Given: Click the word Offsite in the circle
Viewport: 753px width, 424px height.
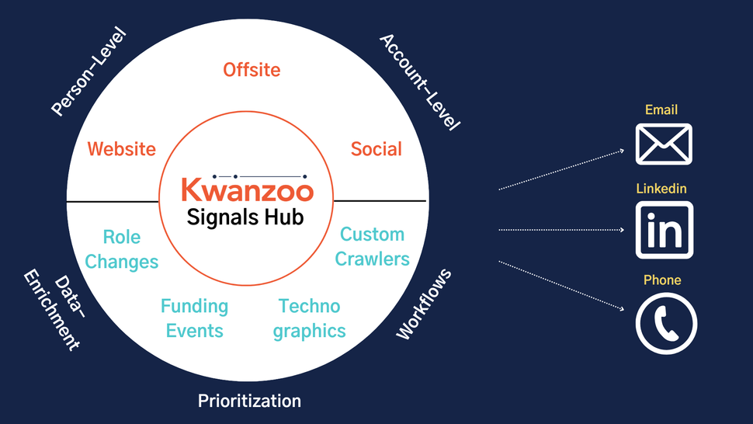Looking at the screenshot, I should [x=252, y=70].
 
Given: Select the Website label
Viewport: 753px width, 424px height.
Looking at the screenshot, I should [x=122, y=148].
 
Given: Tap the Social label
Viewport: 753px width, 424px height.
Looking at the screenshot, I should [x=376, y=148].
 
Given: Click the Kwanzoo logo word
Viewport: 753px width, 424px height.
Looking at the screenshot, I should [x=247, y=190].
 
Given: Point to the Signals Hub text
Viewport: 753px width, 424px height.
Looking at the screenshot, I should [x=246, y=217].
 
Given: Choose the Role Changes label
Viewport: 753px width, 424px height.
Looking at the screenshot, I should [x=122, y=248].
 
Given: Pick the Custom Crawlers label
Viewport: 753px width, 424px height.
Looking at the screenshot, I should [x=373, y=246].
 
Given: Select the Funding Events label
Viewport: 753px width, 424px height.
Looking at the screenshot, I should [x=194, y=318].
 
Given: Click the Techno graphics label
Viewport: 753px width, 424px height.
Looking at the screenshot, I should [x=310, y=318].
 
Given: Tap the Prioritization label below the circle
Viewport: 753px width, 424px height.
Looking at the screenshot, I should [x=249, y=401].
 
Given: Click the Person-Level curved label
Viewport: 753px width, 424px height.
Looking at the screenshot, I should [x=88, y=71].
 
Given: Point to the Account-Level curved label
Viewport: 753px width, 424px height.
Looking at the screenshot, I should [x=420, y=82].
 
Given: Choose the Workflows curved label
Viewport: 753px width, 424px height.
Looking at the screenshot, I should [x=424, y=304].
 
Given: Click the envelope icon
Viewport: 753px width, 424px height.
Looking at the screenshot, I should [x=664, y=144].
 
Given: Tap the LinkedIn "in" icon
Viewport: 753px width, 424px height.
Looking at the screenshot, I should [x=664, y=230].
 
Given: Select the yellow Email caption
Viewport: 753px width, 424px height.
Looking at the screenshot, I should [x=661, y=110].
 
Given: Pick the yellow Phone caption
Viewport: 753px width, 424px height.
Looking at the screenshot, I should [x=662, y=280].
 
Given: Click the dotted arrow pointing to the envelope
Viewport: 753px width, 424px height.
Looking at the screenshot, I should [x=563, y=169].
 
